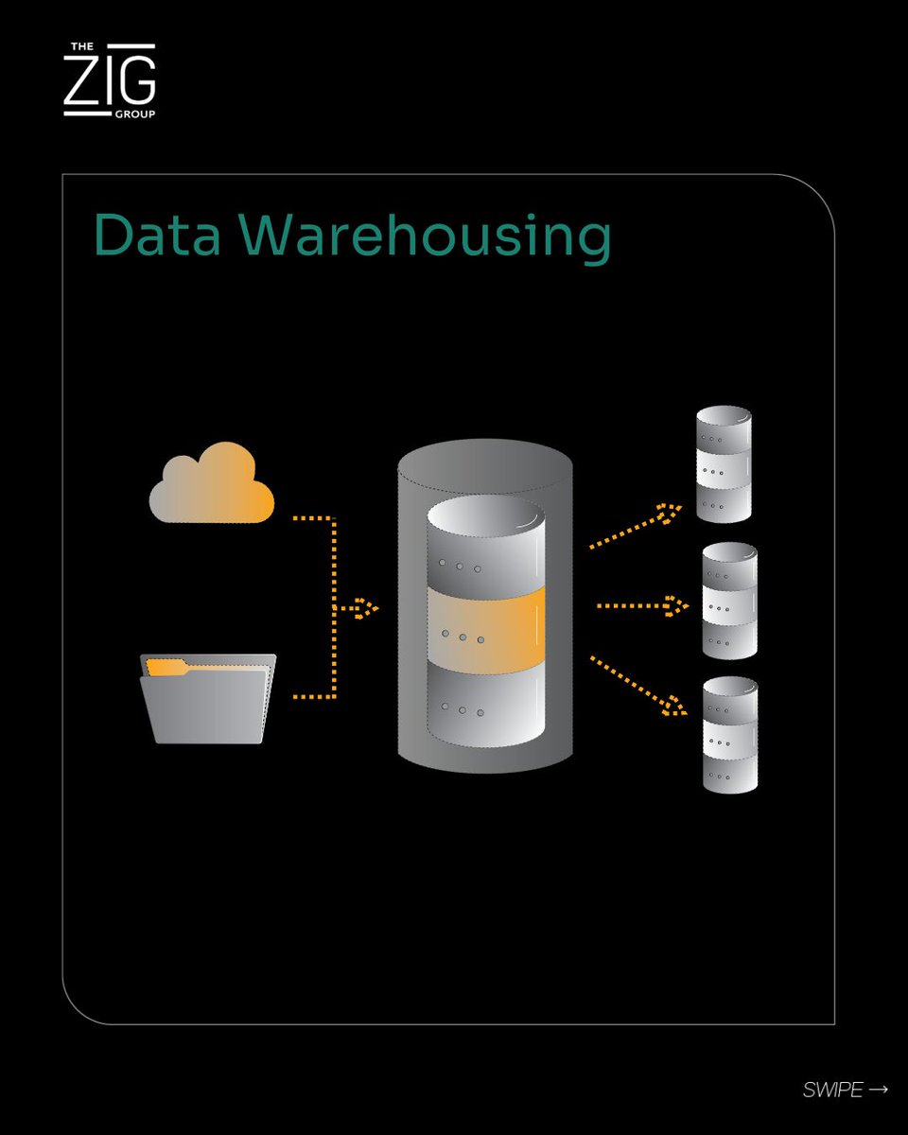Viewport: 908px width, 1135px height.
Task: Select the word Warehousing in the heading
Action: point(425,236)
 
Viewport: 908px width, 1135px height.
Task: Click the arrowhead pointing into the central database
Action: point(367,608)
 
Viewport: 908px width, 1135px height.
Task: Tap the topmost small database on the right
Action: point(724,464)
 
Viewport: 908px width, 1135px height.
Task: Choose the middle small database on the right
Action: point(729,601)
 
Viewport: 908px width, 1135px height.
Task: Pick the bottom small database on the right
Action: point(729,735)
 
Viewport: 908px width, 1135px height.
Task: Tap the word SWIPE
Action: point(832,1091)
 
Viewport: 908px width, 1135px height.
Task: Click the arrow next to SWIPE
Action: point(878,1090)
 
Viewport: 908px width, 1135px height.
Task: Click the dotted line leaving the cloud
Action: point(314,518)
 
